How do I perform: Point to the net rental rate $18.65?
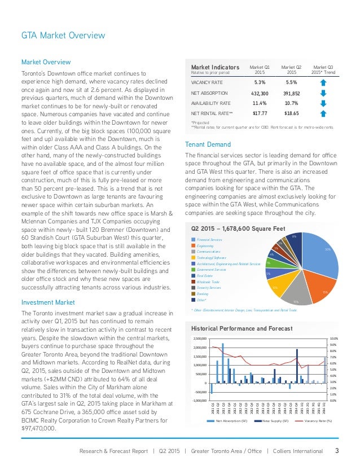(291, 113)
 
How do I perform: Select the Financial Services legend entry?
(209, 240)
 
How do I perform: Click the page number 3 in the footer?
(337, 450)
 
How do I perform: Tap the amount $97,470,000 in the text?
(39, 428)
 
